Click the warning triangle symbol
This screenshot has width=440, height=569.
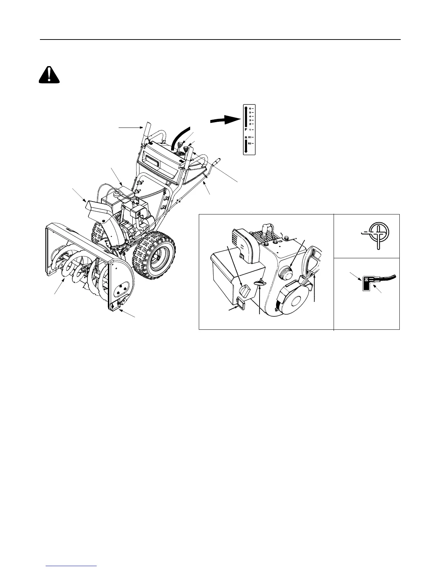(49, 75)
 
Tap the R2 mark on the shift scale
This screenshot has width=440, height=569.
(249, 143)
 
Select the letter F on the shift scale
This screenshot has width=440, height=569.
(246, 129)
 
